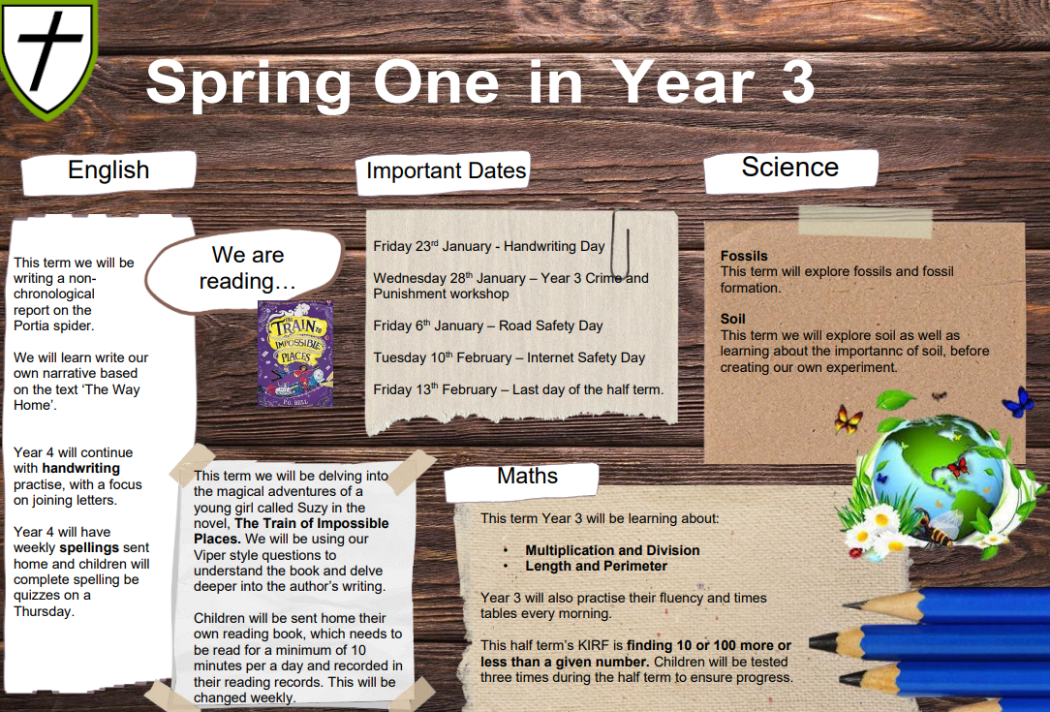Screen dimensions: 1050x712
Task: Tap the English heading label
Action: click(108, 170)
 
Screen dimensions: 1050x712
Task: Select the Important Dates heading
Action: click(446, 170)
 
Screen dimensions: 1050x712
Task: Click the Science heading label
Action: click(790, 168)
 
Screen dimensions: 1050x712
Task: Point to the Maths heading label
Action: click(527, 477)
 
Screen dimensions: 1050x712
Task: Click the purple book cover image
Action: click(295, 353)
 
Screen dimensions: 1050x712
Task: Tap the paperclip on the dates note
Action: click(620, 245)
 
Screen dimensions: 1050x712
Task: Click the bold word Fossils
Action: click(744, 256)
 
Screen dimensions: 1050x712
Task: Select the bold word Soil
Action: click(732, 319)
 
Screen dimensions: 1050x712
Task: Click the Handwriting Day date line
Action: click(489, 246)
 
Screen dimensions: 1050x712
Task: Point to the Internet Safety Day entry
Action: click(509, 357)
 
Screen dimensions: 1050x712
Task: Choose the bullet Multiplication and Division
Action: click(612, 550)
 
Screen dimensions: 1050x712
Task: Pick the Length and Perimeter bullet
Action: click(596, 566)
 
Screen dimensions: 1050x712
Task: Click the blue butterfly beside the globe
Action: click(1018, 402)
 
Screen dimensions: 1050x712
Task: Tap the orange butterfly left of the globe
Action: click(848, 420)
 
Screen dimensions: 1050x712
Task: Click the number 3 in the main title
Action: click(797, 82)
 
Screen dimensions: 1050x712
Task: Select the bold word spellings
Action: click(89, 548)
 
